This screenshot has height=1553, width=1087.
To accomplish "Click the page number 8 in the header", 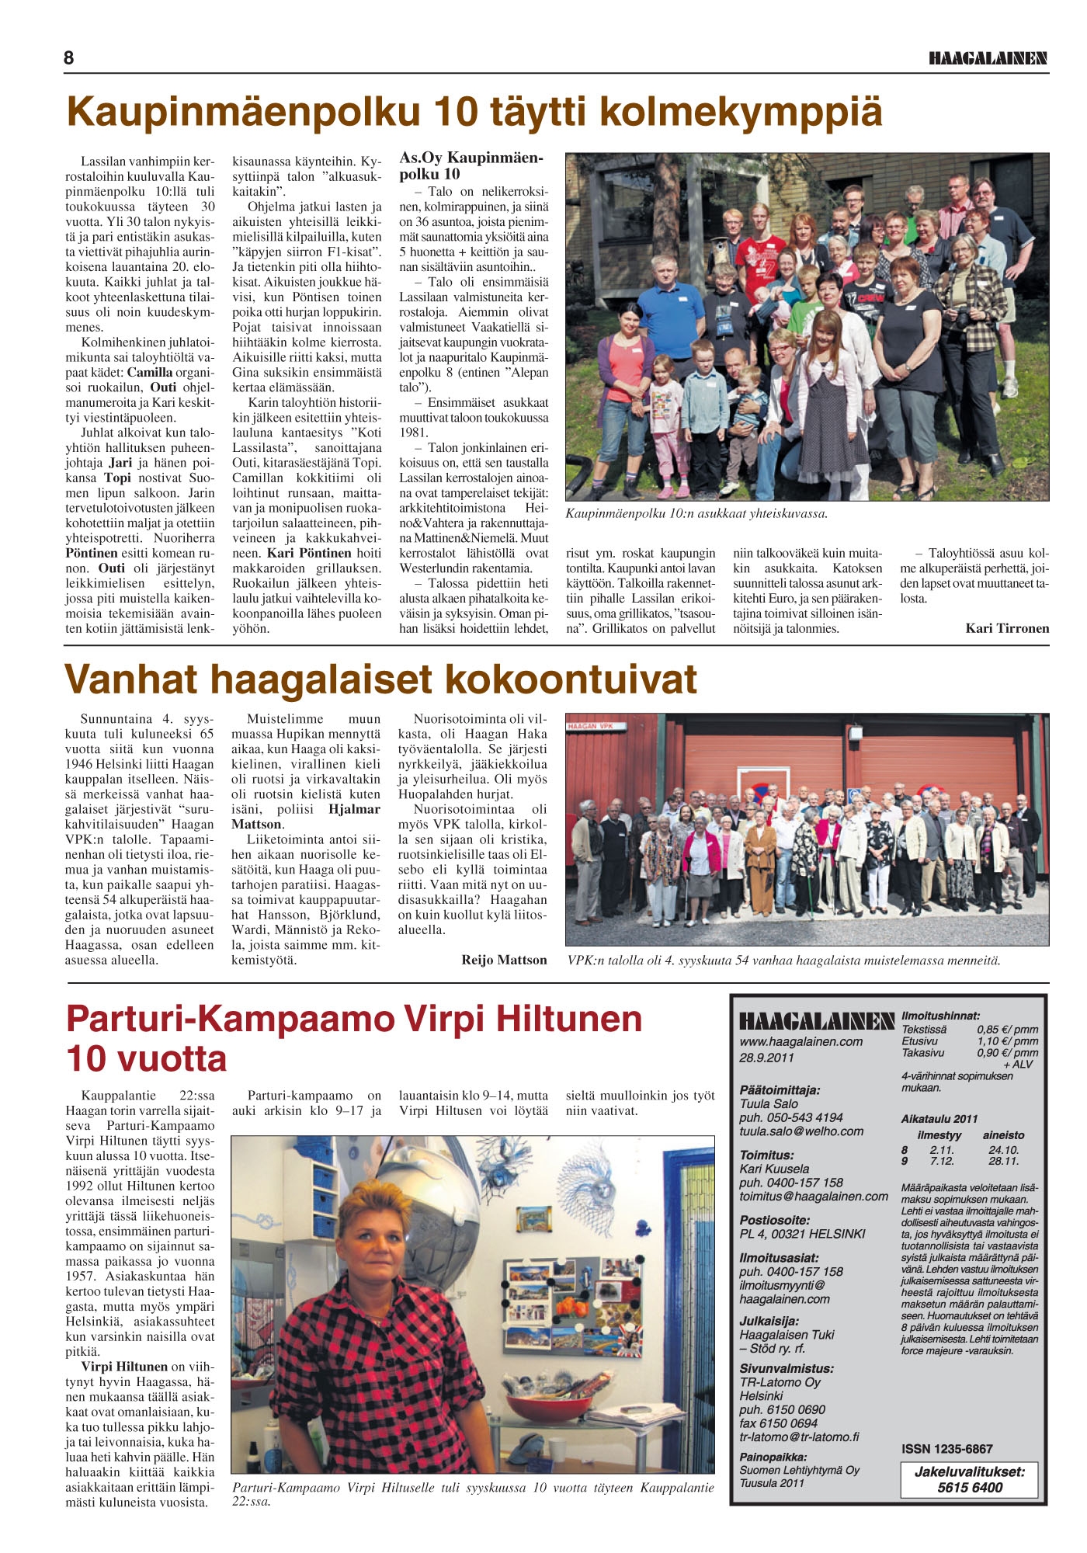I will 69,58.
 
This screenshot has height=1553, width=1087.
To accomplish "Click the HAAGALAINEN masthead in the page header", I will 988,59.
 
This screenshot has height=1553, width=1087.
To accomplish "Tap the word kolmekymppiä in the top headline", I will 741,111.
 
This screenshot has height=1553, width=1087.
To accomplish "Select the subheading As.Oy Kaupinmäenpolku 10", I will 471,165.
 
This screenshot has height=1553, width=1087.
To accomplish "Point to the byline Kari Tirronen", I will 1007,628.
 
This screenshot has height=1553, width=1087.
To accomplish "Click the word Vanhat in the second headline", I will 131,679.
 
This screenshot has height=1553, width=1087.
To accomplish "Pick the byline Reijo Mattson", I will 504,960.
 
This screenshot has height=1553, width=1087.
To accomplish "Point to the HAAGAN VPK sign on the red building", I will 591,726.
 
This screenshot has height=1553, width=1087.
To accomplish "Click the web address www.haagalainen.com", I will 800,1042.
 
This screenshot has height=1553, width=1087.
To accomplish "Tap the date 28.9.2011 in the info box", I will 766,1058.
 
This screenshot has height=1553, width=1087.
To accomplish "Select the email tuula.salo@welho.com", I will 800,1131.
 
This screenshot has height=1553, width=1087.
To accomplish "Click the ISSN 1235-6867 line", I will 946,1449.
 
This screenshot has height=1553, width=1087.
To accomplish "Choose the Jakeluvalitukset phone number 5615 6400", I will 970,1488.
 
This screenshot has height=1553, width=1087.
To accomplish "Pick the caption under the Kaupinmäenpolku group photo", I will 696,513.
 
